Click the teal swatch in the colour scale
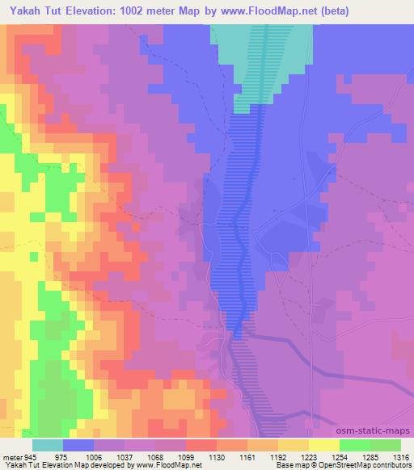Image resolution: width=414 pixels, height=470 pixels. [48, 445]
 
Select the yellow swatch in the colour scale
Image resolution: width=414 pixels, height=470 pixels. [323, 445]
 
